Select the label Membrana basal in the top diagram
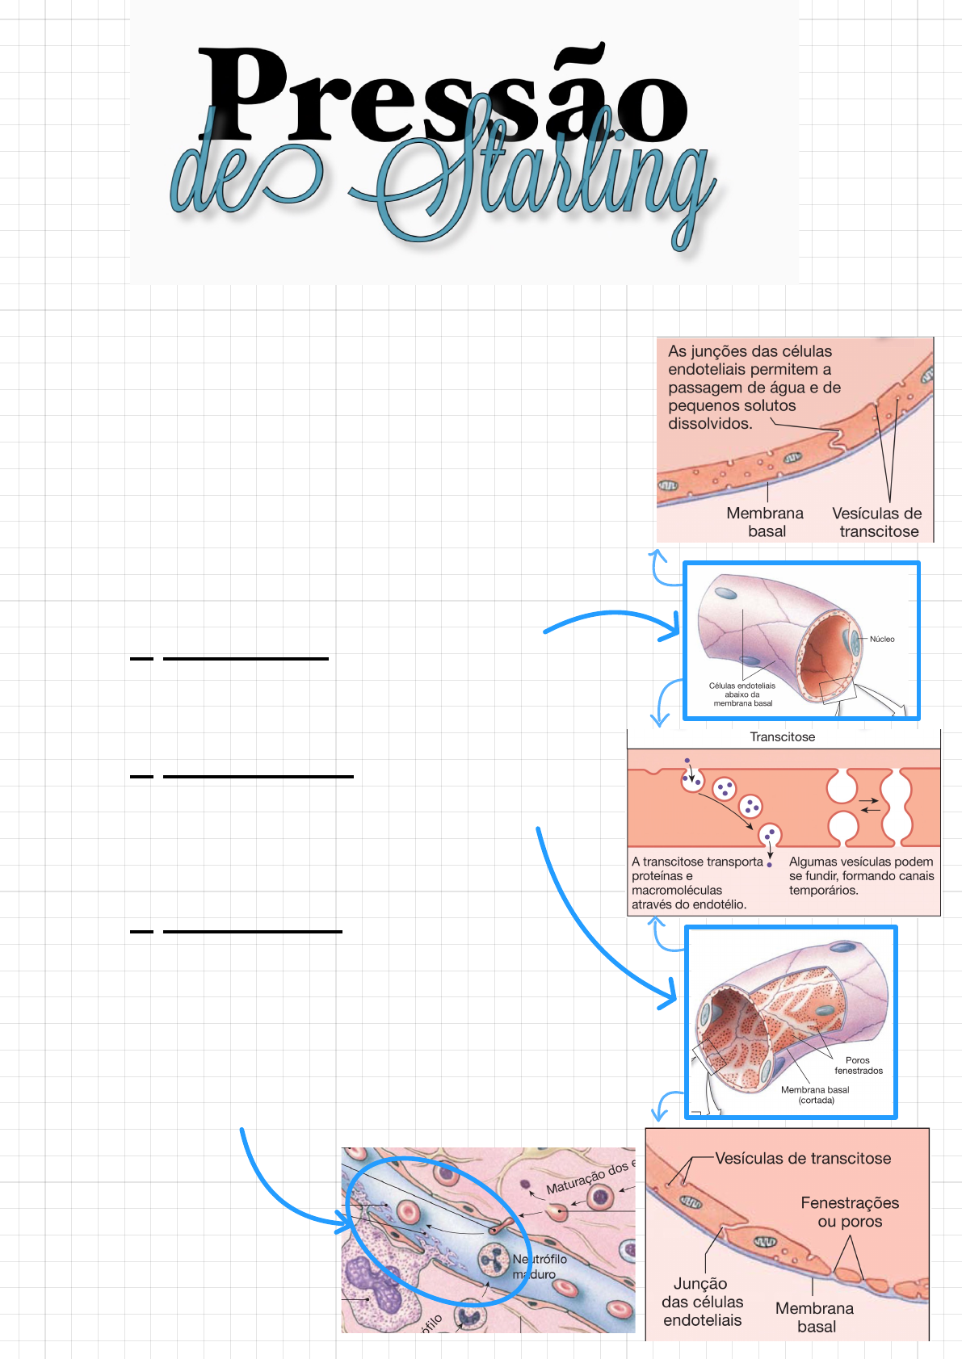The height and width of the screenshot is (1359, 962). [765, 522]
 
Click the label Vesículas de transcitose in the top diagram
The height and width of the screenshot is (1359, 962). [877, 522]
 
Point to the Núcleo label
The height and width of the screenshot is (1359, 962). [882, 639]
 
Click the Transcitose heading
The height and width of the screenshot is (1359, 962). [782, 736]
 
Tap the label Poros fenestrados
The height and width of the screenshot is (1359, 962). [858, 1065]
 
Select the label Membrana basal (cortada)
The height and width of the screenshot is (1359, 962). [815, 1094]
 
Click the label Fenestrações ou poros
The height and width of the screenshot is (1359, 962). [850, 1212]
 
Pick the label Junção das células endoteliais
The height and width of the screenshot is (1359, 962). [702, 1302]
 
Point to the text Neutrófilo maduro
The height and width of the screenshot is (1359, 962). [539, 1266]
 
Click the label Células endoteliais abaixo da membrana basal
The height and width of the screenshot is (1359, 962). [742, 694]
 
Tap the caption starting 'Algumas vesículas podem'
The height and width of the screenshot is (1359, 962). [861, 875]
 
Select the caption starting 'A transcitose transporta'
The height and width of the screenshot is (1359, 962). [697, 883]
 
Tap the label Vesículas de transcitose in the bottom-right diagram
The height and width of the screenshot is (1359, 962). [803, 1158]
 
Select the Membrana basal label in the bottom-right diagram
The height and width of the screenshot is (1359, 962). [814, 1317]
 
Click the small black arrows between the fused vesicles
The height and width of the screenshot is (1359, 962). [869, 805]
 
